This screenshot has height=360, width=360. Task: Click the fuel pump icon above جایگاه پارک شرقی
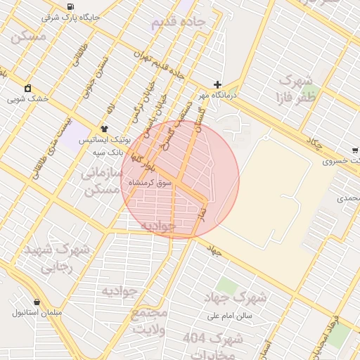click(x=70, y=6)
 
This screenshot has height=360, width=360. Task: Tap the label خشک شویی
click(x=28, y=99)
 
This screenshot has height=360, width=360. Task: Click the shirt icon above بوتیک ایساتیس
click(x=104, y=129)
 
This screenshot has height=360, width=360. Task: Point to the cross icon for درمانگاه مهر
click(x=218, y=84)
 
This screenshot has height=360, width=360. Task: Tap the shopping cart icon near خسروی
click(x=355, y=150)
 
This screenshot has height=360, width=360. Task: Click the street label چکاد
click(x=314, y=145)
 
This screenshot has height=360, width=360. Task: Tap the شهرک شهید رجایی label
click(x=56, y=258)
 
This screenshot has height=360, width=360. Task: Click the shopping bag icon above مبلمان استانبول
click(x=37, y=301)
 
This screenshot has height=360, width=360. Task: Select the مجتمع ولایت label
click(x=149, y=320)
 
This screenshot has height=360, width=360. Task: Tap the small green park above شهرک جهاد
click(x=226, y=285)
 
